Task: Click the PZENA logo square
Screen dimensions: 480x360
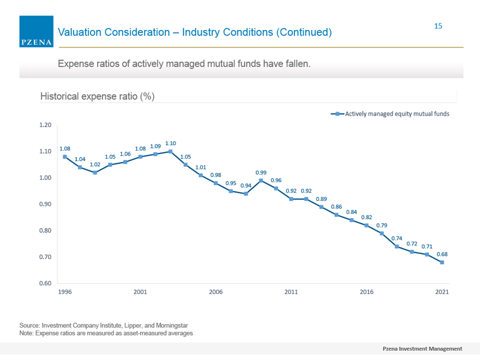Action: pyautogui.click(x=36, y=32)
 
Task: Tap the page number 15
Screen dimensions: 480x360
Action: pyautogui.click(x=438, y=26)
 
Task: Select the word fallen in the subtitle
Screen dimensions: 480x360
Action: pyautogui.click(x=298, y=64)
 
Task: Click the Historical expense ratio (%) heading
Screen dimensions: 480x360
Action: pyautogui.click(x=97, y=97)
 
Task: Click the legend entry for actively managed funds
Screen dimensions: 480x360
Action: pyautogui.click(x=390, y=114)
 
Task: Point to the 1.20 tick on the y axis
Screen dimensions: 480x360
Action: pyautogui.click(x=45, y=125)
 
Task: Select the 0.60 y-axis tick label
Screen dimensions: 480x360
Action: pyautogui.click(x=45, y=283)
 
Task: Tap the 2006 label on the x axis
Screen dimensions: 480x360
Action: pyautogui.click(x=216, y=292)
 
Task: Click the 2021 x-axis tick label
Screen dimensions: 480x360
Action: pyautogui.click(x=442, y=292)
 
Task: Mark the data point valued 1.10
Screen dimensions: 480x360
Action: pyautogui.click(x=171, y=152)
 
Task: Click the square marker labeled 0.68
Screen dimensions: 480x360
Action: pyautogui.click(x=442, y=262)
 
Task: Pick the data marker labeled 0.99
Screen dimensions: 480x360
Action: pyautogui.click(x=261, y=181)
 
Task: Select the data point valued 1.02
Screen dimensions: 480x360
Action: pyautogui.click(x=95, y=173)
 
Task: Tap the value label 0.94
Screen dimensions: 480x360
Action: pyautogui.click(x=246, y=185)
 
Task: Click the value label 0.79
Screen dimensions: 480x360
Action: pyautogui.click(x=382, y=225)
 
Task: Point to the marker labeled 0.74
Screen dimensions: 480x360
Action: pyautogui.click(x=397, y=247)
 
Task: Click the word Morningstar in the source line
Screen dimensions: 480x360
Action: pyautogui.click(x=172, y=326)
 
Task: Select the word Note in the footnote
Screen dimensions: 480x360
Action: pyautogui.click(x=26, y=333)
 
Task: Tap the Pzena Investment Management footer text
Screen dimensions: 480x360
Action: pyautogui.click(x=422, y=349)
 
